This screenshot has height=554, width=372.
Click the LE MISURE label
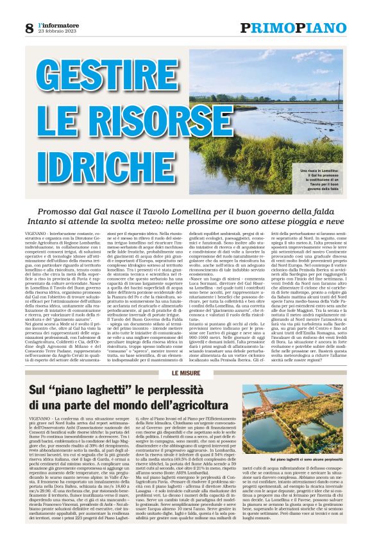[186, 372]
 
